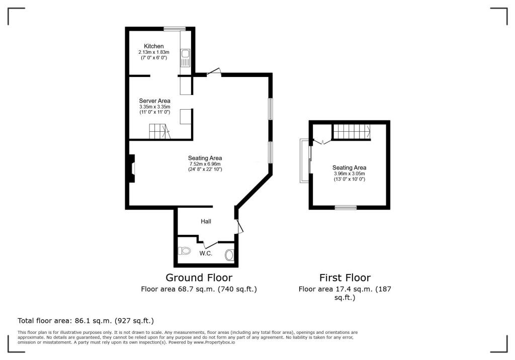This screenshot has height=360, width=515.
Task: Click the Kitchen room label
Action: (154, 46)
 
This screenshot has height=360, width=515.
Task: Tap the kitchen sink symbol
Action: (185, 58)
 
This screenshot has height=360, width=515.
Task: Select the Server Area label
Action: (154, 101)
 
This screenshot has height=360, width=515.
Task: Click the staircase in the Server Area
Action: (159, 131)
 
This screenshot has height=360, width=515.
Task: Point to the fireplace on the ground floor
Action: (132, 168)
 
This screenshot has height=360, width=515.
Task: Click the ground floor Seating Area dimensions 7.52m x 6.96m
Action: (205, 164)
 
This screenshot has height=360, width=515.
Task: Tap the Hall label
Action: (206, 221)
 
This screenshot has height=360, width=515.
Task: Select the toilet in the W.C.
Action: (184, 251)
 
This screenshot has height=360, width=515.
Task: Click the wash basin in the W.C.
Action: (229, 255)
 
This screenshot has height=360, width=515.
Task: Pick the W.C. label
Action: (206, 253)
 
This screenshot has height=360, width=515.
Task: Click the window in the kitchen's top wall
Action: (175, 29)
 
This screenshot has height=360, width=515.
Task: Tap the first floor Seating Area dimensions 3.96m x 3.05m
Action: (349, 173)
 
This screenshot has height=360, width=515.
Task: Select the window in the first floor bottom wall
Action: (346, 207)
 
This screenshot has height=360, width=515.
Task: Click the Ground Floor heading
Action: (199, 278)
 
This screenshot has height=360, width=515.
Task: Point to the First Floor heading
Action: (345, 278)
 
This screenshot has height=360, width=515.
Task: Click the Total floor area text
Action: (85, 321)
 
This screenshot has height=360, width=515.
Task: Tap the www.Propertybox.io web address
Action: (214, 342)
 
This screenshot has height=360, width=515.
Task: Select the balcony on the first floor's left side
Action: (304, 160)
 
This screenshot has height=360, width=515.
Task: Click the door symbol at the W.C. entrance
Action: (211, 245)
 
